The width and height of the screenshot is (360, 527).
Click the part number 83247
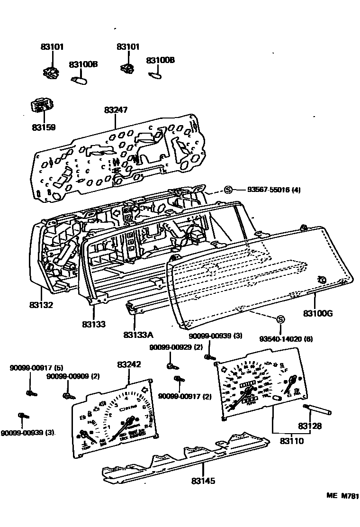(x=116, y=110)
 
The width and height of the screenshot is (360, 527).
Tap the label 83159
(x=44, y=127)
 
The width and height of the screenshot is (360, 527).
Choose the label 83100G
(x=318, y=313)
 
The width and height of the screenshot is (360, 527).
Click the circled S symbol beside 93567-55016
(x=228, y=190)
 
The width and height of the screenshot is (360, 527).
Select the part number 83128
(x=310, y=426)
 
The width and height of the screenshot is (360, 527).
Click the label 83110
(x=291, y=441)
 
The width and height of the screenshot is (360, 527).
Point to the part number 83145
(x=203, y=481)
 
